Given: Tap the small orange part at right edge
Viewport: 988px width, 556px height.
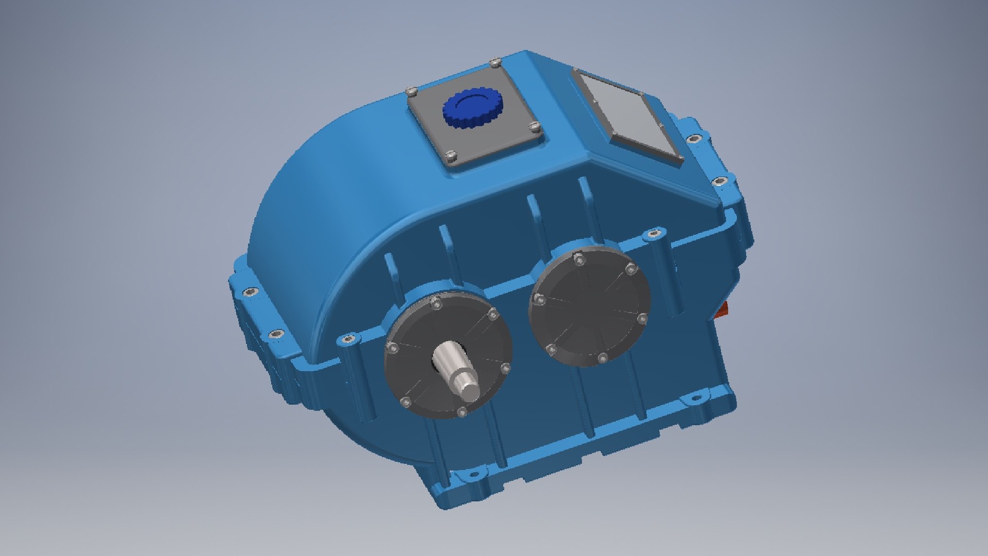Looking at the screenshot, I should coord(723,309).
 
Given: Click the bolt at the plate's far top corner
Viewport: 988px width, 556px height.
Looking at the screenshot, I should coord(495,63).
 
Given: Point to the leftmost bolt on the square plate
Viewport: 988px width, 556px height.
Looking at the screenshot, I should coord(412,92).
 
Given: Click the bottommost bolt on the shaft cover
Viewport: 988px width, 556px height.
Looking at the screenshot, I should coord(462,411).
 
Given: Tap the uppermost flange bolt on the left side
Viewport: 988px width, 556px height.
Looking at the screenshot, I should coord(251,292).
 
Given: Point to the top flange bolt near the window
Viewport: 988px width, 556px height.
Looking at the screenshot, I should coord(693,138).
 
